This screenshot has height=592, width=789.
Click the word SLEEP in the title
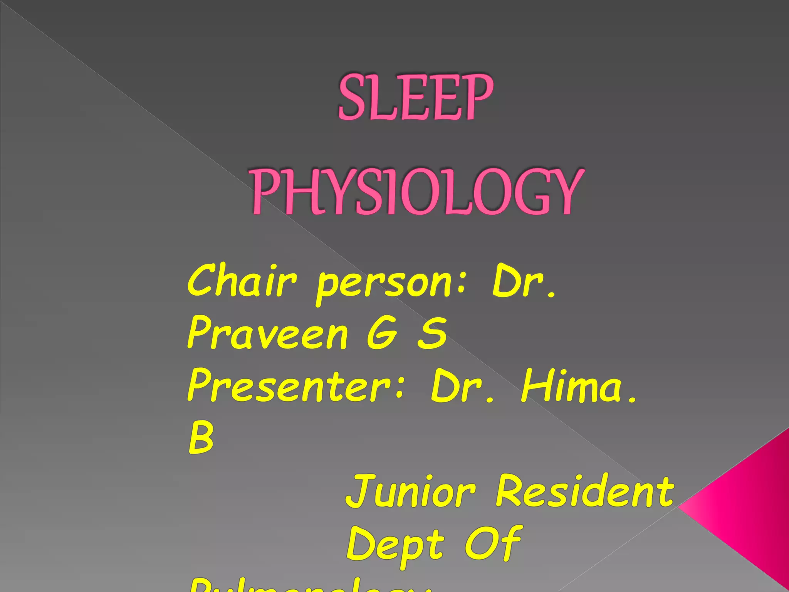tap(415, 97)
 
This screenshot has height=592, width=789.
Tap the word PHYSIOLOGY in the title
tap(417, 192)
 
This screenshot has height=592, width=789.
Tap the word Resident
tap(585, 490)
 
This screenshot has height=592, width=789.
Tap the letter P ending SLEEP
tap(476, 97)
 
